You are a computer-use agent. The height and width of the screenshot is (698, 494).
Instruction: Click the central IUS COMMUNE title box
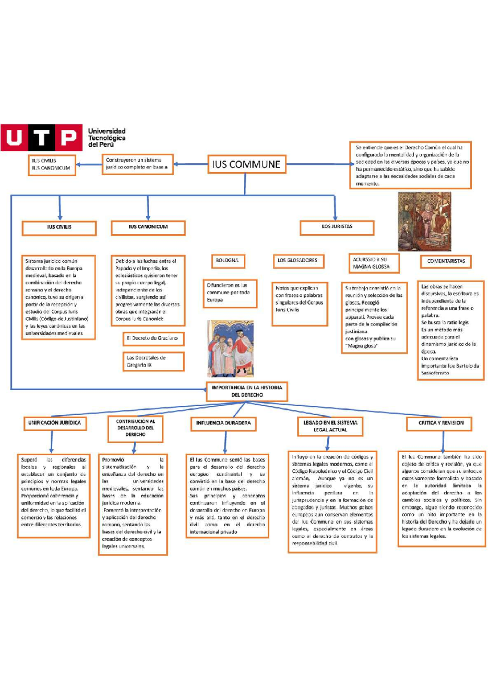tap(247, 164)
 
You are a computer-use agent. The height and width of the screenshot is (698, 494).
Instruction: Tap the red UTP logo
tap(41, 138)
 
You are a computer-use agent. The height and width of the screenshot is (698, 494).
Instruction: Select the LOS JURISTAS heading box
tap(337, 227)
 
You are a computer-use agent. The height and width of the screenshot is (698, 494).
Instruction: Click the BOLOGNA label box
tap(227, 261)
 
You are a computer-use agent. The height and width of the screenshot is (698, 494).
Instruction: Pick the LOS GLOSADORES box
tap(298, 261)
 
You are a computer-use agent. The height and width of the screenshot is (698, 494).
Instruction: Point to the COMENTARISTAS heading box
tap(446, 261)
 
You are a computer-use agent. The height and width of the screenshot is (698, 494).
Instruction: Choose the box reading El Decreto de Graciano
tap(153, 339)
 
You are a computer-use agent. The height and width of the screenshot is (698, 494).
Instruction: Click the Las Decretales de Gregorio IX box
tap(153, 362)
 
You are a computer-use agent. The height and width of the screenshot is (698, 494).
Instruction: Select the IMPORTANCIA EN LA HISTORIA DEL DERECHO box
tap(247, 391)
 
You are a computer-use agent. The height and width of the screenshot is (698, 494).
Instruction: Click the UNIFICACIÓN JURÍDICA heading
tap(54, 423)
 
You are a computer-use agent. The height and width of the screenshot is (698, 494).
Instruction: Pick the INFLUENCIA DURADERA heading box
tap(224, 423)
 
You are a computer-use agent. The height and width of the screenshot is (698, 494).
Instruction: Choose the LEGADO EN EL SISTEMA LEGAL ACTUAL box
tap(330, 427)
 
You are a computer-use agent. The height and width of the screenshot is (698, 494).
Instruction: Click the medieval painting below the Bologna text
tap(230, 349)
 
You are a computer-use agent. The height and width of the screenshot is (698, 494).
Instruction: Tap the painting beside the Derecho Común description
tap(424, 222)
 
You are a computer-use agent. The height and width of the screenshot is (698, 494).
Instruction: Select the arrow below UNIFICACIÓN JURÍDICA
tap(52, 442)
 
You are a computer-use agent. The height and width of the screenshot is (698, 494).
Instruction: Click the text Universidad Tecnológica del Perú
tap(107, 138)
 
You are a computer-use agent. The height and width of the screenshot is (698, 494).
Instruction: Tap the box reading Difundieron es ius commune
tap(230, 293)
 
